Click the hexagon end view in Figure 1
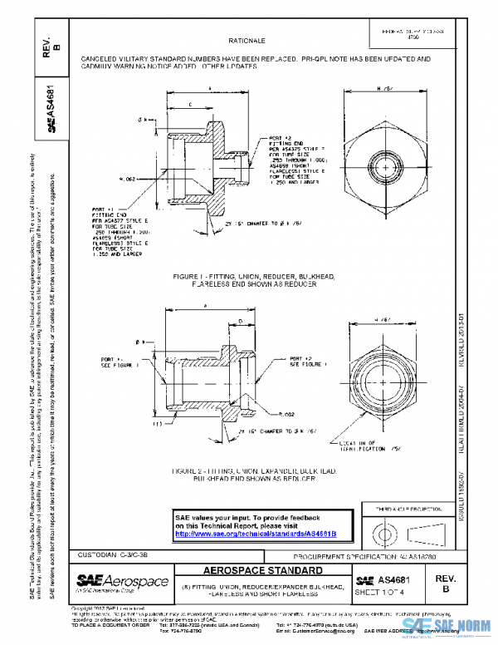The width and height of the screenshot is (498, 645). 383,160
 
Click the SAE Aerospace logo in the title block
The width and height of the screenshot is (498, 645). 122,580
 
